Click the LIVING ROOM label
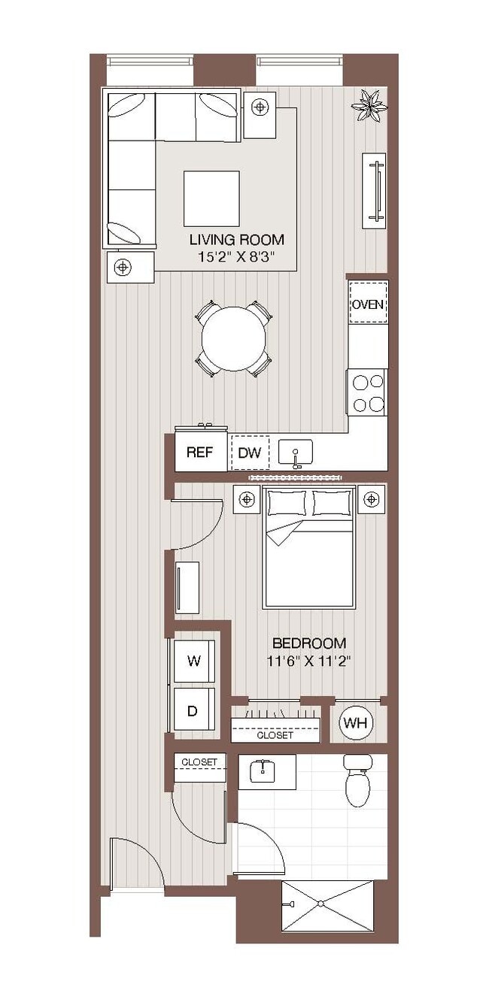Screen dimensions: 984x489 [236, 240]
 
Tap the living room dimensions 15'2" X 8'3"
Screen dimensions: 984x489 [236, 257]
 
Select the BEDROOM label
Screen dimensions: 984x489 [308, 643]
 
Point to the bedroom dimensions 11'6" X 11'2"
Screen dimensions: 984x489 [308, 662]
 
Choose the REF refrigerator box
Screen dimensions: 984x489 [200, 453]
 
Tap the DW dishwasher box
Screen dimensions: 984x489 [249, 453]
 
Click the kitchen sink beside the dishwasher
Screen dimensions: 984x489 [296, 454]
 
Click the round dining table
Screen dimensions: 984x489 [235, 338]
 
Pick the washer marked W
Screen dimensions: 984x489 [194, 662]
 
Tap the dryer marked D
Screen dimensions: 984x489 [193, 710]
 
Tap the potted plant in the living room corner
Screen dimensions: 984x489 [369, 104]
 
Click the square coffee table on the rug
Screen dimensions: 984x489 [211, 198]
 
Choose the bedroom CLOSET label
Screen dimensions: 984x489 [275, 735]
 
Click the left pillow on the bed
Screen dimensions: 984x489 [287, 502]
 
